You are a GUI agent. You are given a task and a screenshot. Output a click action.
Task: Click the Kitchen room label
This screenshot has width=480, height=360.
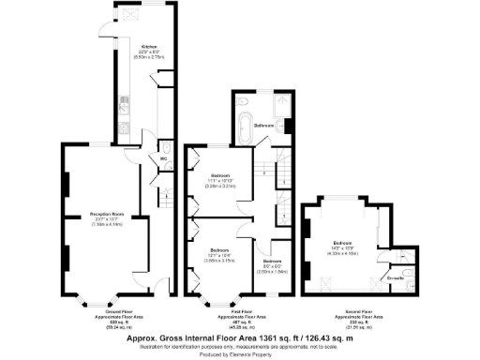149,46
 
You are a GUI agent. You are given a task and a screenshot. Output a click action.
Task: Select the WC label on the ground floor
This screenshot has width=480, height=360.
163,160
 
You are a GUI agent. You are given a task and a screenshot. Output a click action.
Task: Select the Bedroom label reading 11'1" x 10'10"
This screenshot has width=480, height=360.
222,176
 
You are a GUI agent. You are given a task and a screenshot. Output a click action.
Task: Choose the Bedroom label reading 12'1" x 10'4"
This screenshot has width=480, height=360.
220,251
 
